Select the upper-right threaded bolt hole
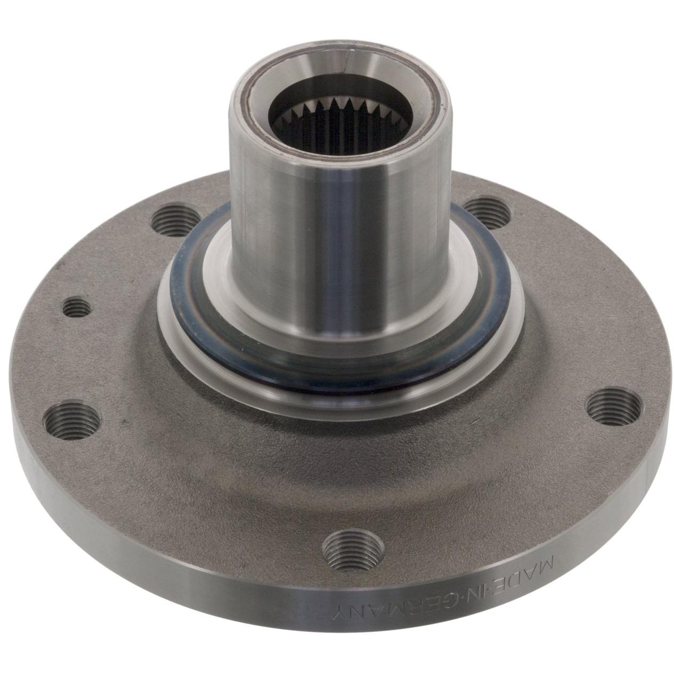pyautogui.click(x=488, y=213)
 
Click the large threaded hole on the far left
pyautogui.click(x=71, y=420)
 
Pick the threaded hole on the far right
pyautogui.click(x=614, y=407)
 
